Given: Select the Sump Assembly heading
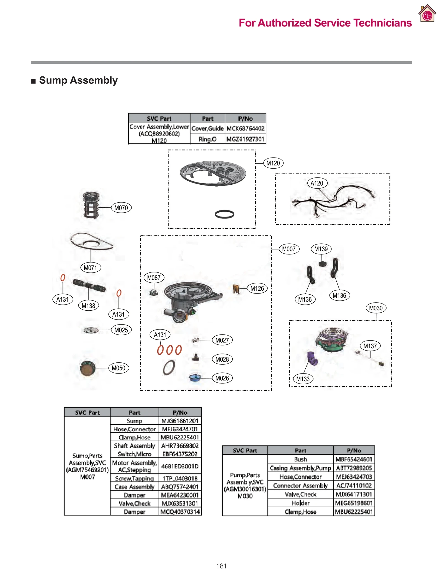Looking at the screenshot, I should pos(78,80).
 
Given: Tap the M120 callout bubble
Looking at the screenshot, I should pos(273,163).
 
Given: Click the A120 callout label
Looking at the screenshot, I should pos(317,183).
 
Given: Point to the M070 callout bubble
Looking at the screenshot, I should pos(121,208).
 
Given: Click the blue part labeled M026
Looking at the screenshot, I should pos(195,378).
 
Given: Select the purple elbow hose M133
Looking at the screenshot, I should pos(312,358).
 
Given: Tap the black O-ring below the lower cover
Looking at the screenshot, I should pos(224,214).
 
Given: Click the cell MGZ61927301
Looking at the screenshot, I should pos(245,139).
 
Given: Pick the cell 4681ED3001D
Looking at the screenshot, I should pos(180,466).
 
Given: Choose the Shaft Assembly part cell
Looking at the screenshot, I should pos(134,446).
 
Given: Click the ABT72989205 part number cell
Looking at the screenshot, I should pos(354,468).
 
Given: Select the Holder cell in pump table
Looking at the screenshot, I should pos(300,503).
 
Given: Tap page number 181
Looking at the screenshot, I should pos(221,566).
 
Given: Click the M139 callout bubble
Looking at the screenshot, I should pos(321,249).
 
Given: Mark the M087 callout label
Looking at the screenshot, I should pos(154,277).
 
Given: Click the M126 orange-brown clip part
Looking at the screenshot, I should pos(236,289).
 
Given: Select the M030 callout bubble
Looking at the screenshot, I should pos(375,308).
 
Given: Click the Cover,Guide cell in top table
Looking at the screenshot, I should pos(207,128).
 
